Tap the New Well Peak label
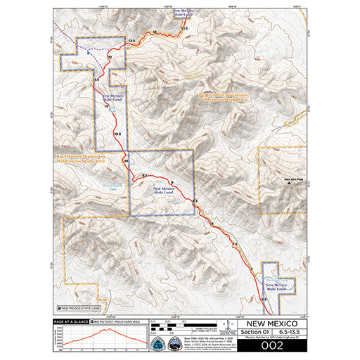291,180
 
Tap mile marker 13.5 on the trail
184,27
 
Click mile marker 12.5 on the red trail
131,43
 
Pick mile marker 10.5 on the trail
117,132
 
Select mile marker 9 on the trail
172,182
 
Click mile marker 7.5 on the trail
236,243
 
